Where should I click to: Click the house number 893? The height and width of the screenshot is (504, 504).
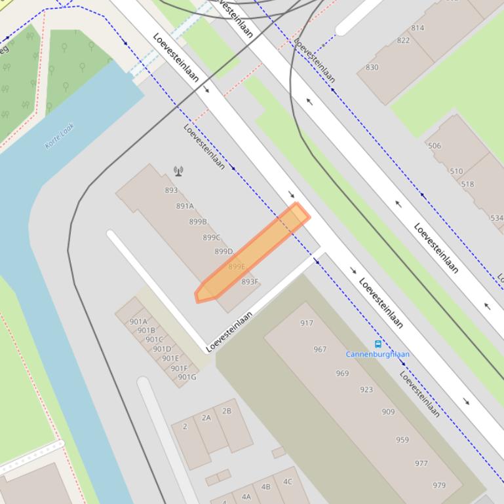click(171, 190)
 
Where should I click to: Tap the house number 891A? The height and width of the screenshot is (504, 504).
click(185, 206)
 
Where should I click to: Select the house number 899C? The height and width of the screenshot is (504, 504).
click(211, 237)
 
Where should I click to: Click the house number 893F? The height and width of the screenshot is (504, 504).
click(250, 281)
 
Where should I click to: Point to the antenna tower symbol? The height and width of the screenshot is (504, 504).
click(178, 171)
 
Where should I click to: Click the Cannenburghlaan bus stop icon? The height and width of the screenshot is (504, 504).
click(378, 344)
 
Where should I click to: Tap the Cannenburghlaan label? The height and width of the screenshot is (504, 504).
click(378, 354)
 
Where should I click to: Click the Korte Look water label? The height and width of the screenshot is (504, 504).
click(60, 136)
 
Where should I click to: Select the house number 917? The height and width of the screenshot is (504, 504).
click(307, 323)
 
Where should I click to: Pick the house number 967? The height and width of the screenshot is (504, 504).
click(320, 349)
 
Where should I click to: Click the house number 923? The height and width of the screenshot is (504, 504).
click(366, 389)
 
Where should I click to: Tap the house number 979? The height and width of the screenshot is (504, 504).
click(439, 485)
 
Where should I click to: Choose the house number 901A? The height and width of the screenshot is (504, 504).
click(138, 321)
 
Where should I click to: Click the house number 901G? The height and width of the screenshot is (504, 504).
click(187, 376)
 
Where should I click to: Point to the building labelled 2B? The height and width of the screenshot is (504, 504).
click(227, 411)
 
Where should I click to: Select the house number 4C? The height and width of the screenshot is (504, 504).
click(287, 481)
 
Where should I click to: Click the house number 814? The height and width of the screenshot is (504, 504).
click(417, 27)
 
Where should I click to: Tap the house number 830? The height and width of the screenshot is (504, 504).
click(372, 67)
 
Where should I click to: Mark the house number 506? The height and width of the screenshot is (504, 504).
click(434, 146)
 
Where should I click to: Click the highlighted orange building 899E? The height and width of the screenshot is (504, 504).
click(252, 252)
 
